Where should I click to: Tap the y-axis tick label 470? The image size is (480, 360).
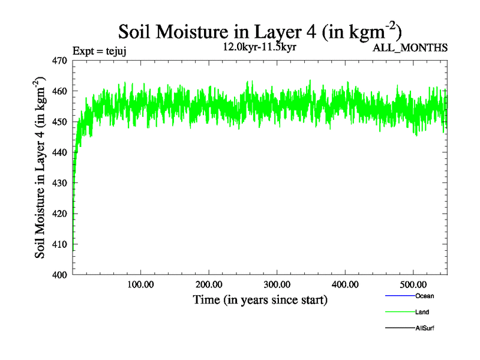[x=59, y=61]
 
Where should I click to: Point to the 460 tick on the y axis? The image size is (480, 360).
[x=59, y=91]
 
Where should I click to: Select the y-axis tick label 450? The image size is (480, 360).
[x=59, y=122]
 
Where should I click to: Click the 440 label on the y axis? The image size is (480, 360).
[x=59, y=152]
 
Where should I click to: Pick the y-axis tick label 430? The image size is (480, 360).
[x=59, y=183]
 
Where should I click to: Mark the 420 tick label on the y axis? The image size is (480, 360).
[x=59, y=214]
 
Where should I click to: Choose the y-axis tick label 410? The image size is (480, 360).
[x=59, y=244]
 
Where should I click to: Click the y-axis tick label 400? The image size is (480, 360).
[x=59, y=275]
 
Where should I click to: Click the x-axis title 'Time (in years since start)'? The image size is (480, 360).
[x=260, y=299]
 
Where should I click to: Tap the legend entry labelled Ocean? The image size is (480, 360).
[x=424, y=296]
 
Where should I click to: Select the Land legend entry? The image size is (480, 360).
[x=422, y=312]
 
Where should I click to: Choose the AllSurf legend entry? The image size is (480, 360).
[x=424, y=328]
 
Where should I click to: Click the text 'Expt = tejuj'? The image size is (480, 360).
[x=99, y=52]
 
